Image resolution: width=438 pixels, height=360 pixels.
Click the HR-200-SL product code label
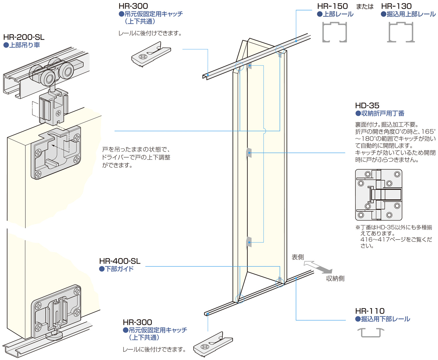click(x=24, y=37)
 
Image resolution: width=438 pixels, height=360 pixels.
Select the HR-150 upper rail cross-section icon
click(x=335, y=32)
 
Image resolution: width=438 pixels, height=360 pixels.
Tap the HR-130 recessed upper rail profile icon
click(x=401, y=32)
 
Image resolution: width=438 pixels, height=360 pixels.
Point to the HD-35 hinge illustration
click(x=379, y=195)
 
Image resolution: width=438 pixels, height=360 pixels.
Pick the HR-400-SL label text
click(x=120, y=261)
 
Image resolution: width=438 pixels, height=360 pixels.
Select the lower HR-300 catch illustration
click(x=213, y=344)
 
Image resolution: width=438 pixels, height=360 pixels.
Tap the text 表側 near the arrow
click(x=298, y=257)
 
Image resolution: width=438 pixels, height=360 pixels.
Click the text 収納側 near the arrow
click(x=335, y=279)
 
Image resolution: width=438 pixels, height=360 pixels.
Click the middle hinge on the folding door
click(x=249, y=153)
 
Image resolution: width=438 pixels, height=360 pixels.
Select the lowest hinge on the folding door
click(x=249, y=242)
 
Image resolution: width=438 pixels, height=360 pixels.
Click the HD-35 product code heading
click(x=367, y=105)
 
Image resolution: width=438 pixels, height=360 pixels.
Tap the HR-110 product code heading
click(x=370, y=311)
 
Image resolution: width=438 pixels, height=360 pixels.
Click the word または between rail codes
click(x=365, y=7)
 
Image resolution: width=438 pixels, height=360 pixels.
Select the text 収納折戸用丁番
click(x=383, y=113)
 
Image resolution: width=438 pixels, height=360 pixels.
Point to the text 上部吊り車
click(x=25, y=45)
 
